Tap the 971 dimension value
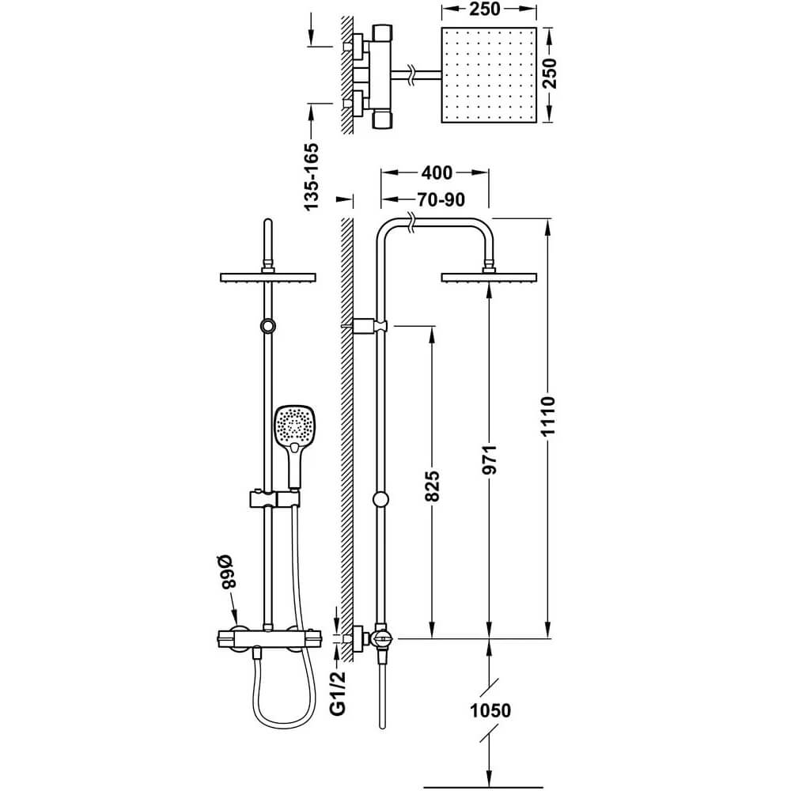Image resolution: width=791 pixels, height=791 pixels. coord(490,459)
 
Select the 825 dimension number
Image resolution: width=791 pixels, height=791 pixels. coord(433,486)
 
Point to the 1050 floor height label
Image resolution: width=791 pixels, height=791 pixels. coord(490,710)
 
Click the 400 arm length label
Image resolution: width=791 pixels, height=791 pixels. coord(437,172)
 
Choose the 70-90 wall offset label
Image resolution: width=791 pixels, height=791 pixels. coord(441,200)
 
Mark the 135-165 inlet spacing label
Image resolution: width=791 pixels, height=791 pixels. coord(311,176)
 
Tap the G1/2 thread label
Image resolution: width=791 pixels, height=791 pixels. coord(338,694)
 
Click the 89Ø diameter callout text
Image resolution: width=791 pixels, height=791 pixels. coord(227,572)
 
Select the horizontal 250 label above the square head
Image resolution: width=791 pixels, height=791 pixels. coord(484,9)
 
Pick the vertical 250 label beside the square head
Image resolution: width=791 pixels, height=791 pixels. coord(550,74)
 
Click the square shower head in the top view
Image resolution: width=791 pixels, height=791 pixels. coord(489,74)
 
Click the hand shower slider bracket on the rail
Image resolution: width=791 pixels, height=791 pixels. coord(274,499)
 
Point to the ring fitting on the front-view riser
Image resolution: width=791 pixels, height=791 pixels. coord(268,326)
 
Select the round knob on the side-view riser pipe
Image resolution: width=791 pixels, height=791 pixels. coord(381,499)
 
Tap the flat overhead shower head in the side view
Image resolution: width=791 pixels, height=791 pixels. coord(489,277)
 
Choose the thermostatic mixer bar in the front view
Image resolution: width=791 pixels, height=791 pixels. coord(268,638)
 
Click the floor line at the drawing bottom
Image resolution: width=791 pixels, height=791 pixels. coord(483,787)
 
